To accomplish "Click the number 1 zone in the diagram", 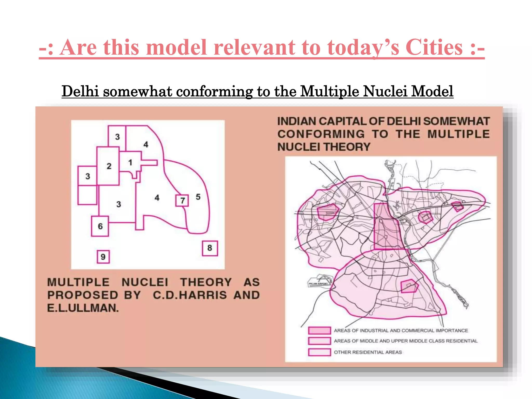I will (x=130, y=162).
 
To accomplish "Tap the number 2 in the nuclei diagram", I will (x=109, y=166).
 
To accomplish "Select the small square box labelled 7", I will (x=182, y=201).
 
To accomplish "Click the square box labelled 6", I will (x=100, y=226).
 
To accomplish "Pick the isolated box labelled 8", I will (x=210, y=248).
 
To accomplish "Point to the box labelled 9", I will (x=103, y=257).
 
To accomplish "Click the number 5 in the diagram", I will (x=198, y=197).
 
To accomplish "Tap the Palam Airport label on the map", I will (x=318, y=284).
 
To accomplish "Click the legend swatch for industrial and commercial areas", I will (x=319, y=330).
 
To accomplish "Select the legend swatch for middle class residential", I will (x=319, y=341).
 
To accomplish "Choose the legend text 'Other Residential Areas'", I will (x=368, y=352).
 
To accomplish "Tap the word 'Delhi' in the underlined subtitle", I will (x=80, y=91).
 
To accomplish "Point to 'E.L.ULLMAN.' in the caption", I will (x=83, y=308).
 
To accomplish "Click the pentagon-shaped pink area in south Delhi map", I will (x=409, y=286).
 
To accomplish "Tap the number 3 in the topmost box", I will (x=117, y=137).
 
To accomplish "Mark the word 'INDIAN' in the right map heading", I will (x=296, y=121).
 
